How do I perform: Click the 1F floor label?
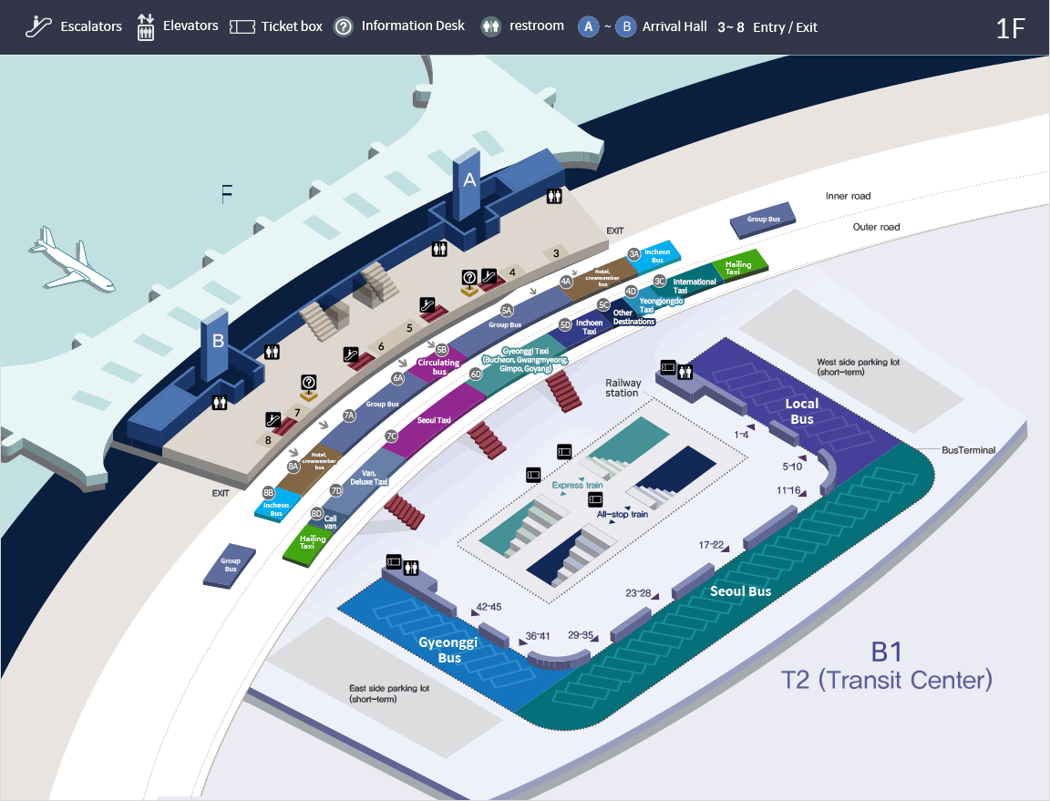tap(1011, 27)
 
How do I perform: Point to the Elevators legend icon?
tap(145, 26)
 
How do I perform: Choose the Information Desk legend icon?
tap(344, 26)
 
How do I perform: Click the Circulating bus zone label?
tap(438, 367)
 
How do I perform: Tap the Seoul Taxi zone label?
tap(434, 420)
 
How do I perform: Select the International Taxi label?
tap(694, 285)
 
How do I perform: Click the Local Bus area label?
tap(802, 411)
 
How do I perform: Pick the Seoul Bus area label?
tap(740, 591)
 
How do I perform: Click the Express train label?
tap(577, 486)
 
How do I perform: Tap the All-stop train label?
tap(622, 514)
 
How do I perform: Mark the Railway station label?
tap(623, 387)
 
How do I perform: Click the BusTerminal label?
tap(968, 450)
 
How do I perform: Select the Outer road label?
tap(876, 227)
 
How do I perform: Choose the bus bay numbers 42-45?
tap(489, 607)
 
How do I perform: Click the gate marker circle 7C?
tap(391, 436)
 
